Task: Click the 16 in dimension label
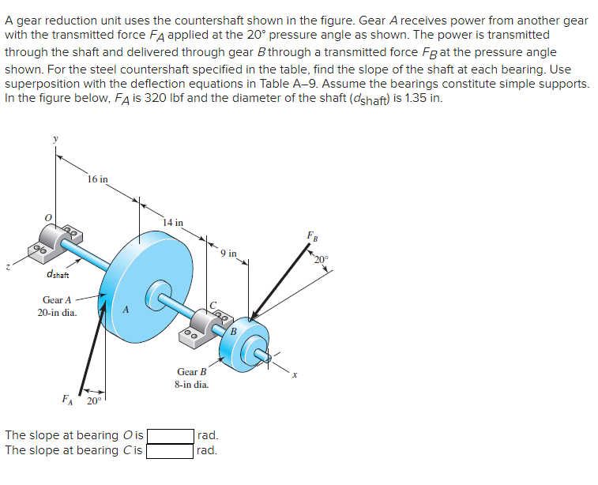98,179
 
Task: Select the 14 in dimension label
172,222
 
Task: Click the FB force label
313,235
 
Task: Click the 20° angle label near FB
320,259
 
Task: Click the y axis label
55,139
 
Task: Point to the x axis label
294,374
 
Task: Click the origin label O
48,216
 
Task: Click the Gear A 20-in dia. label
57,306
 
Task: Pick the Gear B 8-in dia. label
192,378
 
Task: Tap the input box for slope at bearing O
170,435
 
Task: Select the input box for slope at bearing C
170,451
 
